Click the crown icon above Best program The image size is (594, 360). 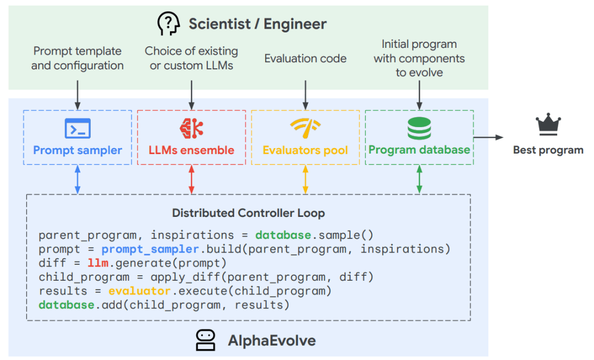(x=548, y=124)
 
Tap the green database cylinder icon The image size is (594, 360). (x=419, y=128)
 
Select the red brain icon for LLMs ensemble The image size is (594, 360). (x=191, y=128)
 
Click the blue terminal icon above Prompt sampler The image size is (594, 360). (x=78, y=128)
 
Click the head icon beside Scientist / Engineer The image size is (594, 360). (x=169, y=24)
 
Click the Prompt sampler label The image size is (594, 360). (x=78, y=150)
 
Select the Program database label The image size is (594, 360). (x=419, y=150)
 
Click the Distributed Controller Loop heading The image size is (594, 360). (x=248, y=213)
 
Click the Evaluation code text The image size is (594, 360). (x=305, y=58)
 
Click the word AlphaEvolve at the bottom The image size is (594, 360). (x=272, y=340)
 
